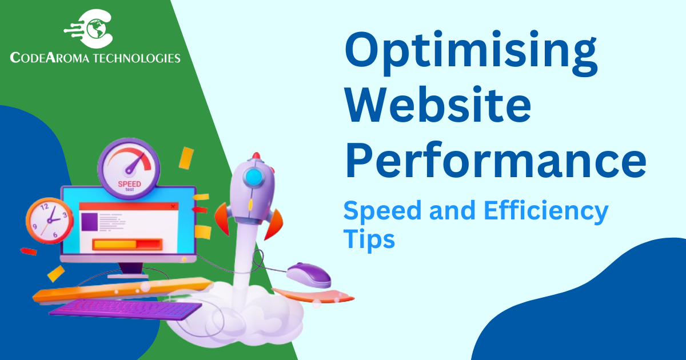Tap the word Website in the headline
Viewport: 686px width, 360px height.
438,104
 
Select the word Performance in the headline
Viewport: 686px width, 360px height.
496,159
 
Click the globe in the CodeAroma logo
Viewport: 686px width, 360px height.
97,29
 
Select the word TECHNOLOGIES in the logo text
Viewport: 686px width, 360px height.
137,58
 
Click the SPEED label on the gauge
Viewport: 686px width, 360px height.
129,184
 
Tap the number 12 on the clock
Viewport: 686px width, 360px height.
45,207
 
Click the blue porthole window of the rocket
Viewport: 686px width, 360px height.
254,177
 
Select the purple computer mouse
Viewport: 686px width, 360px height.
309,275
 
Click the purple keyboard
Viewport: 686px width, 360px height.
126,309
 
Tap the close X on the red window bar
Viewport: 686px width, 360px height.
173,206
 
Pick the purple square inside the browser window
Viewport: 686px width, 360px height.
89,222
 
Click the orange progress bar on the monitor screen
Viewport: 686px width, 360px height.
127,245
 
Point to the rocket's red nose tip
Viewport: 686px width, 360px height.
256,155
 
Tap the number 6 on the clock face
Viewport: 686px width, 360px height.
55,235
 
